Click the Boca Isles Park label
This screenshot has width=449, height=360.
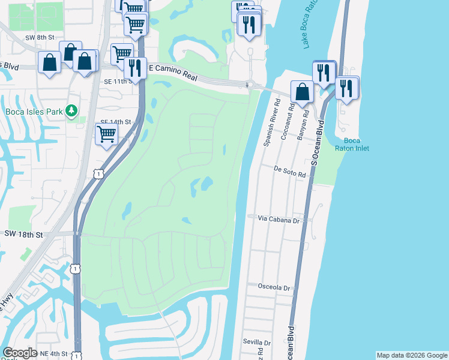click(x=31, y=112)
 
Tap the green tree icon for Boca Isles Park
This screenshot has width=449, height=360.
click(x=71, y=110)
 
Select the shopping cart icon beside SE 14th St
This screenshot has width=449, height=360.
click(x=106, y=134)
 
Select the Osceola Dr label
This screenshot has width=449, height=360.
click(x=274, y=288)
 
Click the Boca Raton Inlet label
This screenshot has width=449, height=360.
click(x=357, y=144)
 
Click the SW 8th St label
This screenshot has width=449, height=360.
click(x=40, y=37)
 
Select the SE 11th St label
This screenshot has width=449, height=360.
click(x=117, y=81)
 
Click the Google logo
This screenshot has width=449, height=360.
click(x=20, y=353)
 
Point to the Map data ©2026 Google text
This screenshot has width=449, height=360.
click(x=412, y=355)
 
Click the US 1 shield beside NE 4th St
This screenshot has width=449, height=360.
click(x=76, y=355)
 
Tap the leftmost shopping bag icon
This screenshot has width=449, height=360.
click(x=49, y=62)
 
